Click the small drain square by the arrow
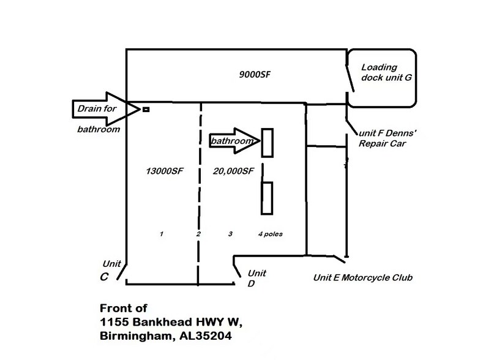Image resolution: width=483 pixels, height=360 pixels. [146, 110]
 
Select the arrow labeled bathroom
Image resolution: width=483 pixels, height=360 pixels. [233, 141]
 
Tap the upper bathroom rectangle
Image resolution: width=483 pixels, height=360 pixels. [267, 143]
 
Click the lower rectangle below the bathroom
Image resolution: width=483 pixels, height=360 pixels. [267, 198]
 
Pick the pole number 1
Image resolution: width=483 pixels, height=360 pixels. [160, 234]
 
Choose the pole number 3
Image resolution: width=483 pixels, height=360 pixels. [230, 234]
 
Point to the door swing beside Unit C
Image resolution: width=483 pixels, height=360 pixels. [122, 268]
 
